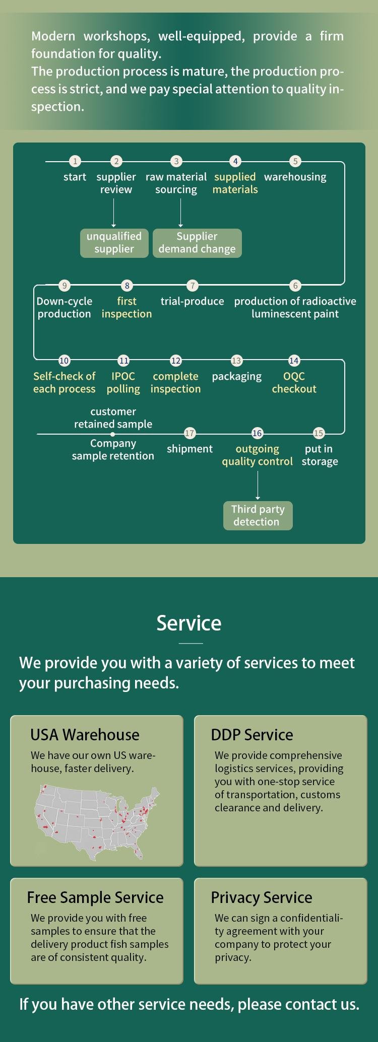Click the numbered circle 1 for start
[x=75, y=161]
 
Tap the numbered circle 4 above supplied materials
[x=235, y=161]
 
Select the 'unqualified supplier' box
[x=114, y=243]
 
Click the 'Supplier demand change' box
[x=197, y=243]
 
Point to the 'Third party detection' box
[x=258, y=515]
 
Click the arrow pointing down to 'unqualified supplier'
[x=114, y=214]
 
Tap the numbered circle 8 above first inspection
[x=127, y=286]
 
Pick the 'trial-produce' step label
[x=192, y=301]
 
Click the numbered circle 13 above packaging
[x=236, y=361]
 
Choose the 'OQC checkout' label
[x=294, y=382]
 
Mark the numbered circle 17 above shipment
[x=190, y=433]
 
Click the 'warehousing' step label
[x=295, y=177]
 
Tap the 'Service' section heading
[x=189, y=623]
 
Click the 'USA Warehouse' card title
[x=85, y=735]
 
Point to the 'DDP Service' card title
[x=252, y=735]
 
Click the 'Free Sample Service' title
[x=95, y=897]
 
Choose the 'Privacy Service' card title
[x=262, y=897]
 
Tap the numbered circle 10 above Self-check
[x=64, y=361]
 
